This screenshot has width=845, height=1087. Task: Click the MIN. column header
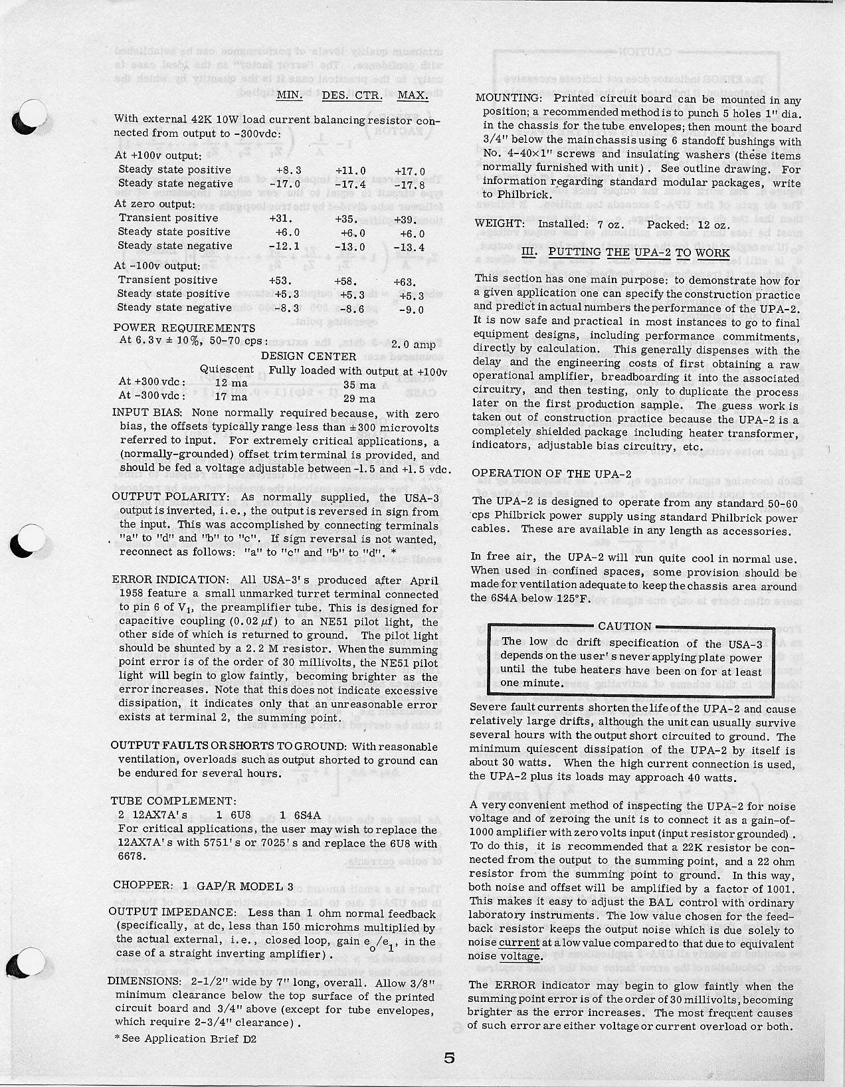289,95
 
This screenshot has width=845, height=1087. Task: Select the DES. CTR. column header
352,95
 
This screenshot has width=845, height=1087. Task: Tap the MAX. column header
412,95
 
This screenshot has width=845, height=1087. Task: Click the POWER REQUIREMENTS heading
184,328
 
